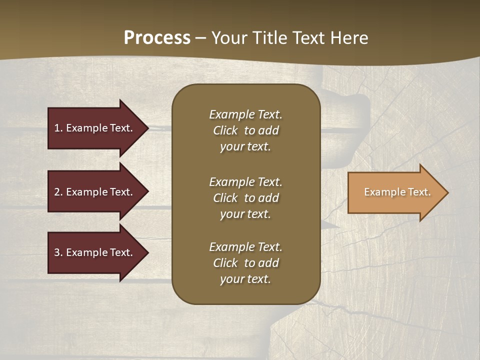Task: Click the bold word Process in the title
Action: [x=157, y=38]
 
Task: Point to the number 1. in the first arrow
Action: [x=58, y=128]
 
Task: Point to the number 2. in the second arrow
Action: [x=58, y=192]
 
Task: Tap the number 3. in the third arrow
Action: [x=58, y=252]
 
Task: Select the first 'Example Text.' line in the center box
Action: [x=245, y=114]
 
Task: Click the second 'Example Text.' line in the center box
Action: [x=245, y=181]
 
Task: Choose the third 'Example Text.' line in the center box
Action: [x=245, y=247]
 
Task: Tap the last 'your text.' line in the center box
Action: [x=245, y=279]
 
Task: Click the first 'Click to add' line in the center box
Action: [x=245, y=130]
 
